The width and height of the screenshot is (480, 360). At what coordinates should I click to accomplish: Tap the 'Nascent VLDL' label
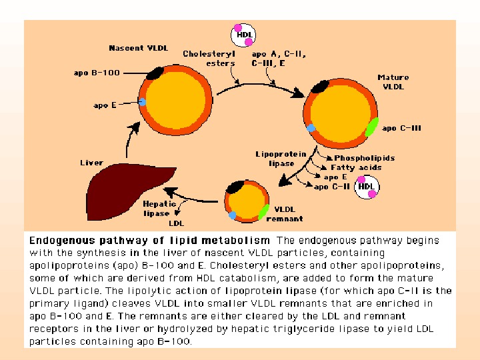click(138, 48)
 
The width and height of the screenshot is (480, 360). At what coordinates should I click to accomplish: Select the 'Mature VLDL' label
click(393, 82)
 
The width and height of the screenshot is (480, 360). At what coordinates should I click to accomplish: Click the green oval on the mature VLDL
click(371, 126)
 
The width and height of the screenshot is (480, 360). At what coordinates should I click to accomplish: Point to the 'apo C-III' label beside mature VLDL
click(402, 129)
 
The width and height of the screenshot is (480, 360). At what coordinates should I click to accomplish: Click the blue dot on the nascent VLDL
click(143, 101)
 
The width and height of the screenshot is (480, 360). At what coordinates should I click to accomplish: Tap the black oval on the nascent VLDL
click(155, 72)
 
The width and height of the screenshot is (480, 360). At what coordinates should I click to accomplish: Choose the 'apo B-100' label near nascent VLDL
click(97, 73)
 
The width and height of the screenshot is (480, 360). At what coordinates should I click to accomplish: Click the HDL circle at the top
click(244, 35)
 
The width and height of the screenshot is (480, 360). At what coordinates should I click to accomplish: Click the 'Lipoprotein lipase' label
click(281, 159)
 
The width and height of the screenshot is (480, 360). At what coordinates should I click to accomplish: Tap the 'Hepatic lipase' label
click(160, 209)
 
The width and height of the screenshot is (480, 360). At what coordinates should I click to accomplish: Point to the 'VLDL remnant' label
click(285, 214)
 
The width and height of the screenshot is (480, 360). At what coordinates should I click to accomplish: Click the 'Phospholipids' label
click(364, 158)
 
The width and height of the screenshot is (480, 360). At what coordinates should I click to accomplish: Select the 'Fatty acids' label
click(356, 167)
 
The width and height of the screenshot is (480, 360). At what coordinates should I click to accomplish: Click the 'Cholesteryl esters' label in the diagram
click(209, 59)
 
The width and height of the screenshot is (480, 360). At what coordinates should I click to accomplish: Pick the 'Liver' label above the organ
click(91, 163)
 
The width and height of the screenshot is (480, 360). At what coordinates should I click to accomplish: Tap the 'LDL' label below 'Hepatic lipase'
click(176, 223)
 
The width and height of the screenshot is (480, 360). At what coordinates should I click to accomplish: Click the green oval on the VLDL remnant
click(263, 212)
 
